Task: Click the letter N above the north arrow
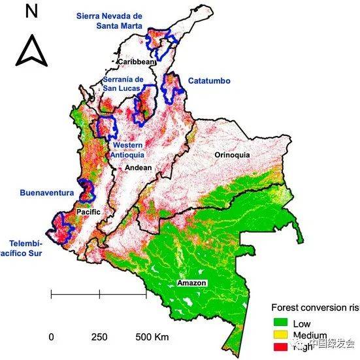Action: tap(31, 11)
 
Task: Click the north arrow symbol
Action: tap(31, 50)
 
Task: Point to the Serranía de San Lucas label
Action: tap(128, 85)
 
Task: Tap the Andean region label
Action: tap(138, 168)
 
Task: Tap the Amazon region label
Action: tap(192, 283)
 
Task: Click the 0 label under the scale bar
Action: tap(51, 337)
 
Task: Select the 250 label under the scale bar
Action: tap(99, 337)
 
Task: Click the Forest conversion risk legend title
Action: tap(314, 308)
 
